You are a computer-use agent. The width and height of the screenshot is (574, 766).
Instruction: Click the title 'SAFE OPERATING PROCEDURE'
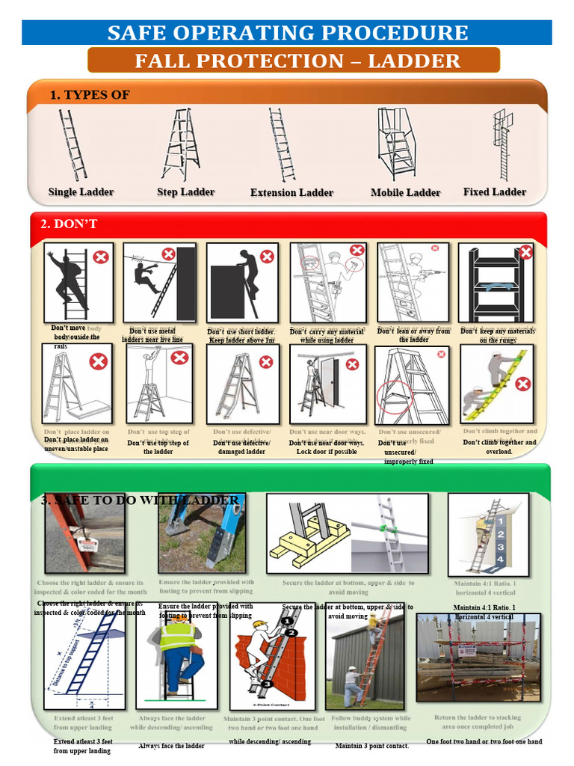288,33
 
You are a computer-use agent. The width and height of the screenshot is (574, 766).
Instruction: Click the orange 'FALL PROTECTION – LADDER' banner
297,61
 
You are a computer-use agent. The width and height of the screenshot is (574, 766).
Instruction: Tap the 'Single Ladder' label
81,192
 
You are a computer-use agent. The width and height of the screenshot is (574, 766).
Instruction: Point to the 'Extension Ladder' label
291,193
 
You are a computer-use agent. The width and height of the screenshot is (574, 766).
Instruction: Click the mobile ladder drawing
396,142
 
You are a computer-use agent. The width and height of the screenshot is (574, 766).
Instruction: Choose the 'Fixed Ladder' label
494,192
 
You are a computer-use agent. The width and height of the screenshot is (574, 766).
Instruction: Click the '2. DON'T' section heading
69,224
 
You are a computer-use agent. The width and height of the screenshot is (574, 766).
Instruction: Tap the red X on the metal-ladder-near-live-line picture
169,254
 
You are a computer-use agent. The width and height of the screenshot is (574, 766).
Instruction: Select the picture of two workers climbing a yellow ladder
497,384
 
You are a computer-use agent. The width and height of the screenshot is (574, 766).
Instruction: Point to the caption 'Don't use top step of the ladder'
158,447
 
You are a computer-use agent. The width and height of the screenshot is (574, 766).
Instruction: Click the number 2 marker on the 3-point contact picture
291,633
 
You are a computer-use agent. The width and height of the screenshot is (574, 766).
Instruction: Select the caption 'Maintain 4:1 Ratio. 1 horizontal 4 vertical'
484,612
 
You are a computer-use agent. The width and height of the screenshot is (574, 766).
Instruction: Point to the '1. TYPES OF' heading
90,95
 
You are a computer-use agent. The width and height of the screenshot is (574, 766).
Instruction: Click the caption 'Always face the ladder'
171,746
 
